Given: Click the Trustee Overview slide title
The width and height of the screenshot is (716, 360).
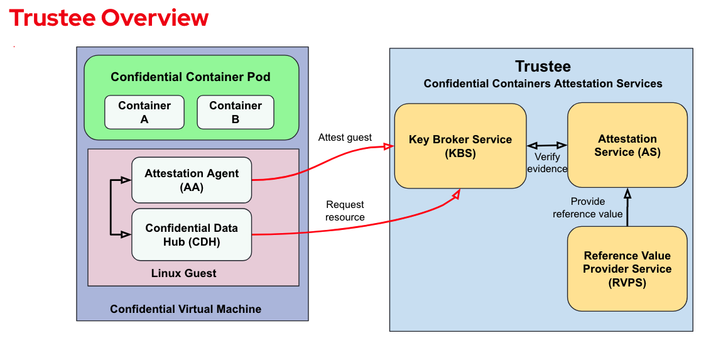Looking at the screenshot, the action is coord(109,18).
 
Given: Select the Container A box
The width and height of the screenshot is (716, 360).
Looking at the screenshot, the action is coord(144,112).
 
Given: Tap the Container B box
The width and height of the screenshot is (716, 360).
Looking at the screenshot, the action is coord(236,112).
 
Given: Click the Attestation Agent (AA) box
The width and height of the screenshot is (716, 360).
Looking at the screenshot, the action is coord(192,180).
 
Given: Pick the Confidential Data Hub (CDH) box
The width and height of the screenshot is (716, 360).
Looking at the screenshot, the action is coord(192,235).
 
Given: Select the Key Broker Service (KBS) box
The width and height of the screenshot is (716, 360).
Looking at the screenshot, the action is coord(460,146).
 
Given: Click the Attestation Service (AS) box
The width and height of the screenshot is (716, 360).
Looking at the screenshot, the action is coord(627,145).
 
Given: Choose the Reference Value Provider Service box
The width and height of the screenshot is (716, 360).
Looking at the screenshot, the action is coord(627,269).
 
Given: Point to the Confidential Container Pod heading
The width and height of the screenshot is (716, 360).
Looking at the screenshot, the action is coord(190,77).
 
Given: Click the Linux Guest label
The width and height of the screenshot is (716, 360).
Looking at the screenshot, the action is coord(184,273).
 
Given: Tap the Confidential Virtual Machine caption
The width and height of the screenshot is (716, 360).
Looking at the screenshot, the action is coord(186,309).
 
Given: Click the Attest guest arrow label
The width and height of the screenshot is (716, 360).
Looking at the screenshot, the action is coord(345,138).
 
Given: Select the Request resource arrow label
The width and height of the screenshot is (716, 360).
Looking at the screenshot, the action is coord(345,210).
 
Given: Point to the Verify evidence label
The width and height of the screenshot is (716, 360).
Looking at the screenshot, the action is coord(547,163).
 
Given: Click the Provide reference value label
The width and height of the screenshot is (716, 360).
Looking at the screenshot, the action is coord(588,207).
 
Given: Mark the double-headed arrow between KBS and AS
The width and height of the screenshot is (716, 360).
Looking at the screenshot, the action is coord(547,146).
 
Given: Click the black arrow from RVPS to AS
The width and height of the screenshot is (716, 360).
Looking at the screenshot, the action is coord(627,207).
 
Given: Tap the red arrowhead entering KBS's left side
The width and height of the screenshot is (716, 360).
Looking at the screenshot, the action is coord(389,146).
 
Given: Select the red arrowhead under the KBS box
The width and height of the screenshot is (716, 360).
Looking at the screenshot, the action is coord(456,194).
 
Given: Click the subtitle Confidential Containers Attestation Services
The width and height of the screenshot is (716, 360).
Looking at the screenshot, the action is coord(543,84).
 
